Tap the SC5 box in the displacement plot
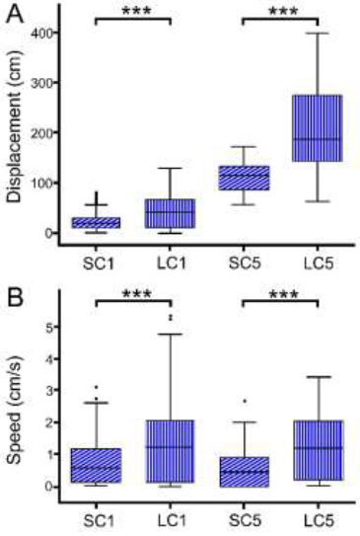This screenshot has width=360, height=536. (x=244, y=178)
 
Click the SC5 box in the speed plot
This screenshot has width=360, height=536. (x=244, y=471)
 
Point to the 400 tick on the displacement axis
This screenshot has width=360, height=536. (x=48, y=32)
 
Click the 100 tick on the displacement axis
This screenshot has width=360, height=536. (x=48, y=183)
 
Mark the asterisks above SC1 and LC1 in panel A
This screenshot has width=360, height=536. (x=133, y=11)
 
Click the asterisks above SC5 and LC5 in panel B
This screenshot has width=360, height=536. (x=279, y=295)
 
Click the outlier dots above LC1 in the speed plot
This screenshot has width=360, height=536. (x=171, y=317)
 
